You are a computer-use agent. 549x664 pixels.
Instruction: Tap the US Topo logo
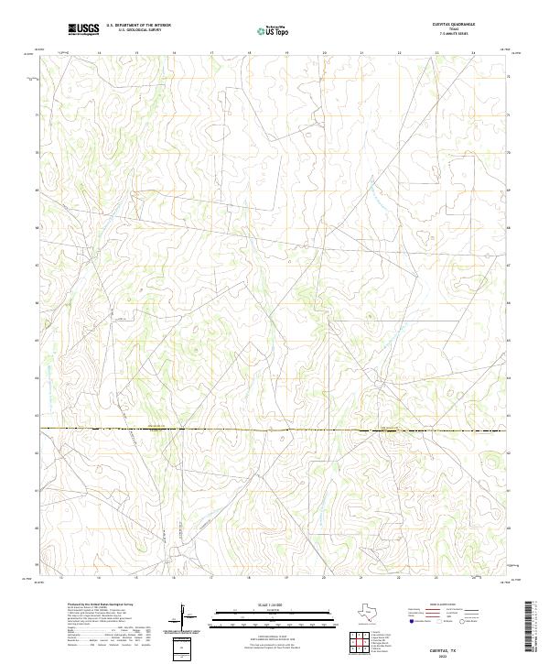pyautogui.click(x=275, y=29)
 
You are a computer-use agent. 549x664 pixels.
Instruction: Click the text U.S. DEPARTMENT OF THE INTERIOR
pyautogui.click(x=138, y=26)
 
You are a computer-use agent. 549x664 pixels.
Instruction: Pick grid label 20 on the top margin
pyautogui.click(x=325, y=54)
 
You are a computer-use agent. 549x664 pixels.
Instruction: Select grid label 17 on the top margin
pyautogui.click(x=211, y=54)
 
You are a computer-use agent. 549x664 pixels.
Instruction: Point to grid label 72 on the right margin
pyautogui.click(x=509, y=78)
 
